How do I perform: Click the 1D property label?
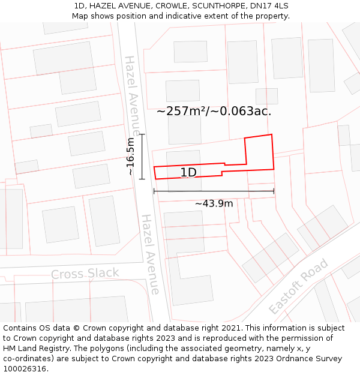point(188,173)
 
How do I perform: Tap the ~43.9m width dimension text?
point(214,203)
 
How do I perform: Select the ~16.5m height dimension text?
point(130,157)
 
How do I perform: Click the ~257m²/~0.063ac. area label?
point(214,111)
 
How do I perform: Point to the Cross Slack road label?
point(85,274)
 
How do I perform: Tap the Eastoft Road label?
point(299,286)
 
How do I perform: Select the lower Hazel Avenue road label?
point(150,254)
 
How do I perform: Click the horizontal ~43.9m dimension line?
point(214,191)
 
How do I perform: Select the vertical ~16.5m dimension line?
point(142,157)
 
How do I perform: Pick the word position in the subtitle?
point(138,16)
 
